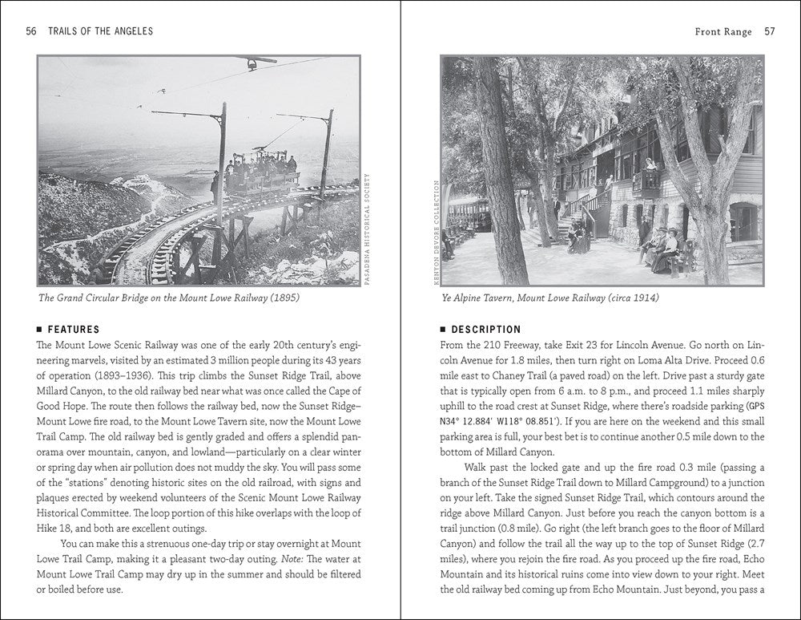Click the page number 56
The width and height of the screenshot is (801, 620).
pos(31,31)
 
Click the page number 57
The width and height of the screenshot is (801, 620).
pos(769,31)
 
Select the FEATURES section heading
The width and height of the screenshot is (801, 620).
pos(74,329)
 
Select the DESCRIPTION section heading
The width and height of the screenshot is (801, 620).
pos(486,329)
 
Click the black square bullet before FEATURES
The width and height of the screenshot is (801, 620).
pos(41,329)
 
